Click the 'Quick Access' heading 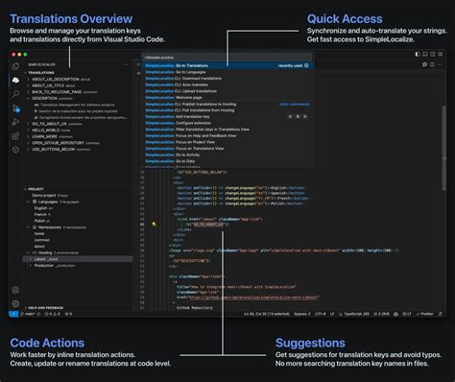[x=345, y=18]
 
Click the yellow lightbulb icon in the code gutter [x=154, y=223]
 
